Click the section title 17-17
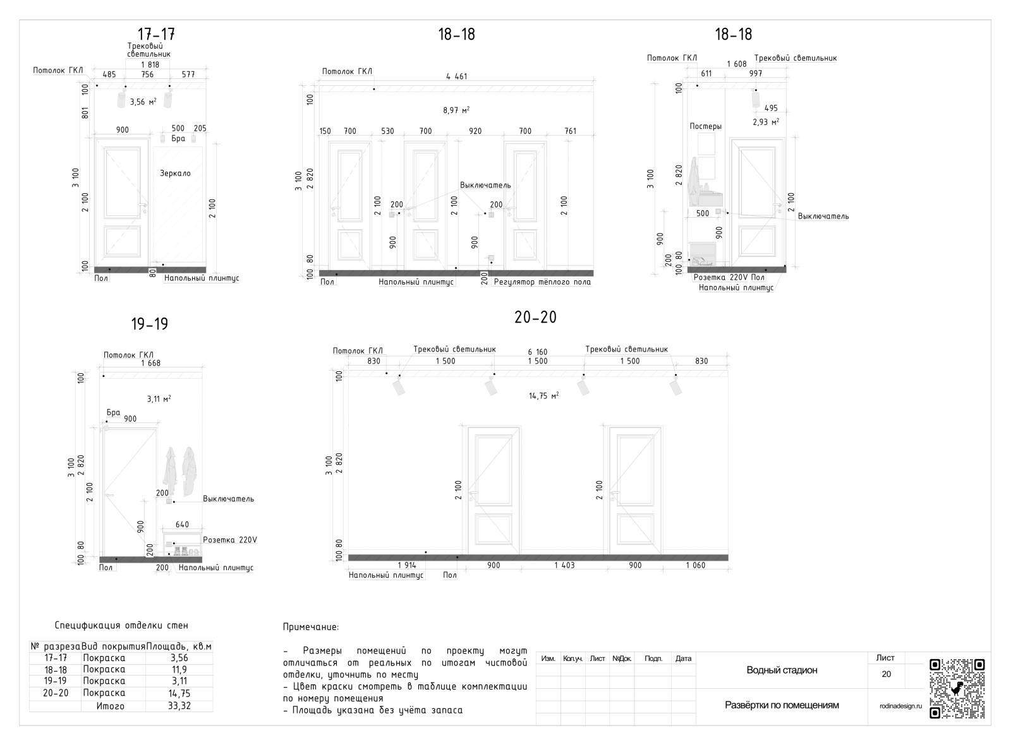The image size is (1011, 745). click(156, 34)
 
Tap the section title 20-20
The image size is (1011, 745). click(535, 318)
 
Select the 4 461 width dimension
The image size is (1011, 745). click(456, 76)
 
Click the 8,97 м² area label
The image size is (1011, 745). click(456, 110)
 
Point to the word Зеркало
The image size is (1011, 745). click(175, 173)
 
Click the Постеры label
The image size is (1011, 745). click(705, 127)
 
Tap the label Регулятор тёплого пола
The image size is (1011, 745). click(542, 282)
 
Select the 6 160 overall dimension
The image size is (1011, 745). click(538, 352)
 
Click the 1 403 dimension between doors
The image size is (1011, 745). click(564, 566)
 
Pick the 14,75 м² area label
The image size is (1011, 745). click(544, 396)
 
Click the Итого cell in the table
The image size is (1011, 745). click(110, 706)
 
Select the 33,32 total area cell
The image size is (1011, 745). click(179, 706)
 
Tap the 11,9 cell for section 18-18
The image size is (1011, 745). click(179, 670)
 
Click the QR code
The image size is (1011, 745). click(957, 689)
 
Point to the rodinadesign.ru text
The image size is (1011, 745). click(900, 706)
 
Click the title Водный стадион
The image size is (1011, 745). click(782, 670)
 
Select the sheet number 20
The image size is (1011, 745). click(886, 674)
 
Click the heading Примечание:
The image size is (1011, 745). click(310, 628)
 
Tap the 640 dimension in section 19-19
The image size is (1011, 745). click(182, 525)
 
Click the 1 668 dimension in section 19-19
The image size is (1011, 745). click(151, 364)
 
